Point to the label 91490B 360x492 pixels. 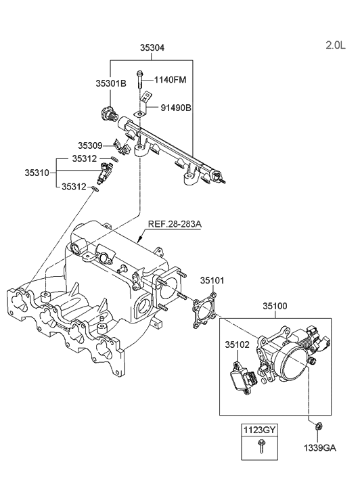176,107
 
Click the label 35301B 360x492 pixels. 110,84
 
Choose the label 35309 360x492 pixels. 89,146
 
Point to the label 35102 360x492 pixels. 238,344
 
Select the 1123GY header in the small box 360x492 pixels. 260,430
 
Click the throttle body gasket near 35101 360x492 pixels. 203,312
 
